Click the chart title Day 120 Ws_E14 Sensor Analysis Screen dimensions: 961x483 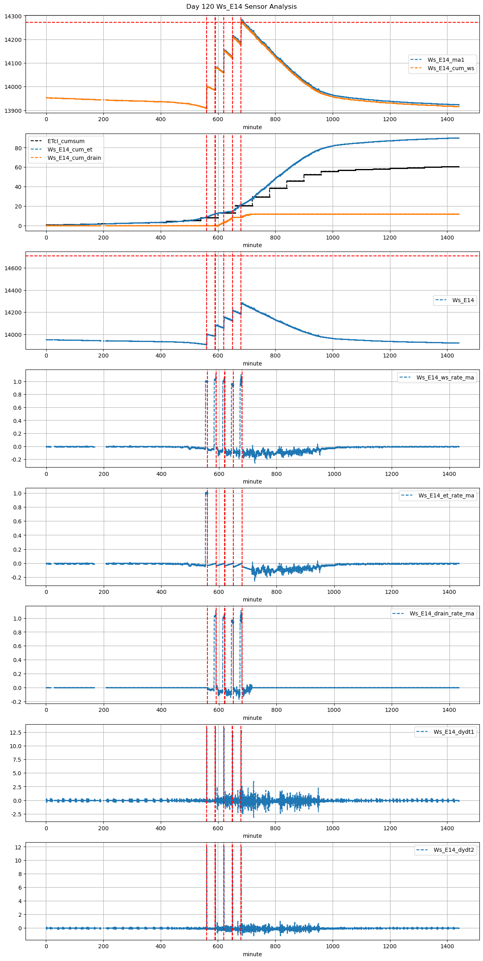tap(241, 7)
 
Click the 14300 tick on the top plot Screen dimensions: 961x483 tap(14, 16)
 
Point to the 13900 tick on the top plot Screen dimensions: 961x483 tap(14, 110)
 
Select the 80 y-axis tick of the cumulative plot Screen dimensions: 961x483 tap(18, 148)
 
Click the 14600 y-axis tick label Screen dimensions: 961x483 tap(14, 268)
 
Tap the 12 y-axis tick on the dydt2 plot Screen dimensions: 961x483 tap(18, 847)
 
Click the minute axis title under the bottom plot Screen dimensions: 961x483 tap(252, 954)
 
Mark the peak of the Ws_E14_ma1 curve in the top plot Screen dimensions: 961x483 tap(241, 20)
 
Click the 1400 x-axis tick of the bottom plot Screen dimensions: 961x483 tap(447, 946)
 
